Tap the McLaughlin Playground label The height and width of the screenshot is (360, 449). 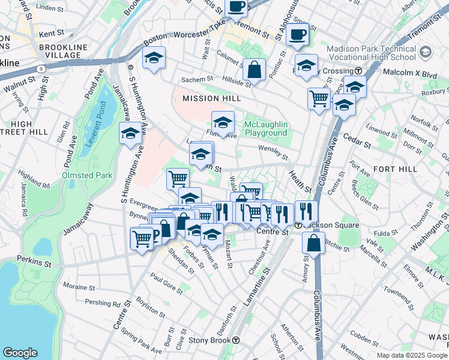[x=266, y=128]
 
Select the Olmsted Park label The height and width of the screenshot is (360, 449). [x=86, y=176]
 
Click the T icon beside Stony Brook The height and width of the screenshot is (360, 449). [x=237, y=340]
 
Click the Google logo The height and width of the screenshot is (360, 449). [x=20, y=353]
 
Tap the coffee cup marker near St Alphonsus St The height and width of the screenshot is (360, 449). [x=297, y=34]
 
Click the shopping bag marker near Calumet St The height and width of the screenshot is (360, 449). [x=254, y=70]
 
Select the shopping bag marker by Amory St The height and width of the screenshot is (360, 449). [x=313, y=243]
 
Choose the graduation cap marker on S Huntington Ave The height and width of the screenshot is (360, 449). [x=130, y=134]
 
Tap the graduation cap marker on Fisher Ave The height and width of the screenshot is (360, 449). [x=223, y=123]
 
